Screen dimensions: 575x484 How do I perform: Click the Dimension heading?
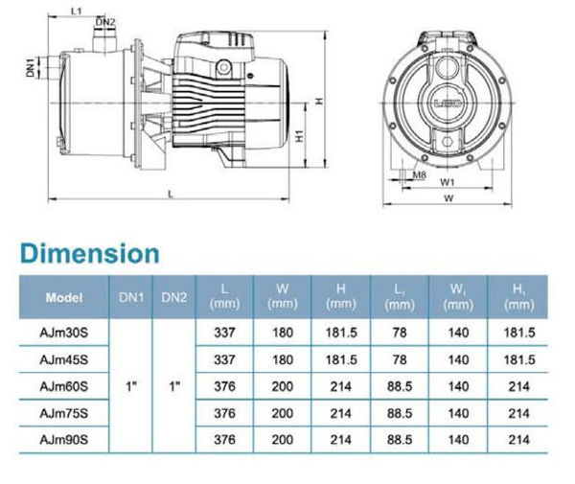coord(90,253)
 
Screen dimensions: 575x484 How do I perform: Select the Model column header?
coord(64,297)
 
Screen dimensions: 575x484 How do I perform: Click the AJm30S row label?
coord(64,333)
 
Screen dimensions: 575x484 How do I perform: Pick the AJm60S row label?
coord(64,386)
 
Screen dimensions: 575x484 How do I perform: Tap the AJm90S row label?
coord(64,440)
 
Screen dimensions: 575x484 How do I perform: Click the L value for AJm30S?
coord(224,333)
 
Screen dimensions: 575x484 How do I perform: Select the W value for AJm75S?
coord(283,414)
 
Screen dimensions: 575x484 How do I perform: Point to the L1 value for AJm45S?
coord(400,359)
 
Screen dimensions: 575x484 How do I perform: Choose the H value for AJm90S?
coord(341,440)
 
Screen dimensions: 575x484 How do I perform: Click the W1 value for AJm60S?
coord(458,386)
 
